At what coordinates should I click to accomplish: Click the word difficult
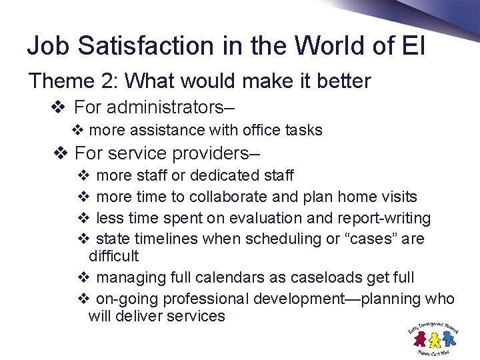pyautogui.click(x=113, y=256)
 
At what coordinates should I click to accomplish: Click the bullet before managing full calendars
pyautogui.click(x=83, y=277)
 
